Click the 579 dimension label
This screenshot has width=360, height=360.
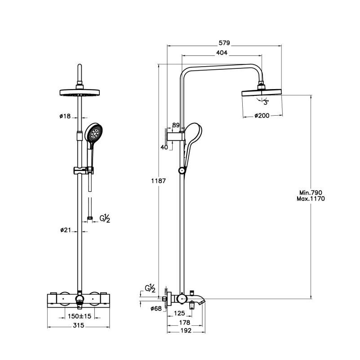pos(224,43)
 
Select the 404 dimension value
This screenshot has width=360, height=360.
pos(222,53)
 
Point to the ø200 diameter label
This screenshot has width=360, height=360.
pos(262,116)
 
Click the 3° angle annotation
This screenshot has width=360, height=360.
pos(266,102)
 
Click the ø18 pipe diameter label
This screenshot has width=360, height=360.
pos(65,116)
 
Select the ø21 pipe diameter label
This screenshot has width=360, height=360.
pos(66,230)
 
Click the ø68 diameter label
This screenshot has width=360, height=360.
pos(156,308)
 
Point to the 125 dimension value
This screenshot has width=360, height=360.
pos(180,313)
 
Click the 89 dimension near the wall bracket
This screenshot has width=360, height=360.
pos(176,125)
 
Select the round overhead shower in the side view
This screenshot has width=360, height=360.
pos(262,93)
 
